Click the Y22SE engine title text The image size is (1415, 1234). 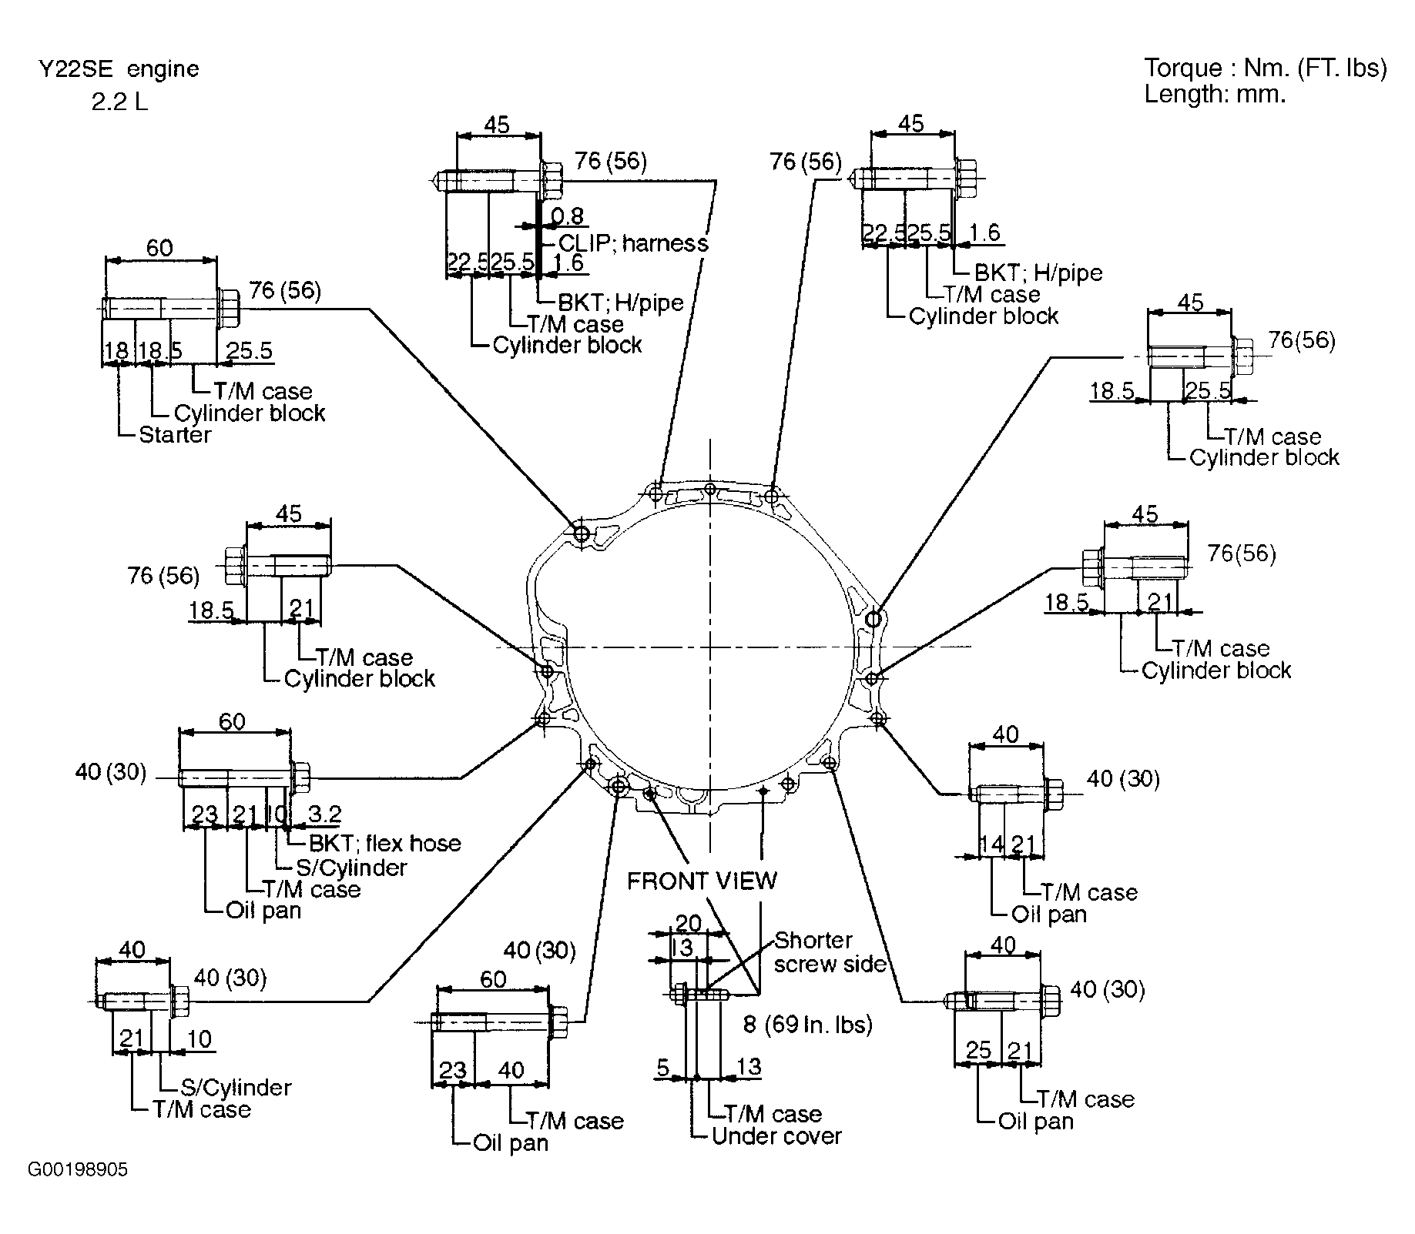tap(119, 69)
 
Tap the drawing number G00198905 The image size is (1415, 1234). tap(78, 1170)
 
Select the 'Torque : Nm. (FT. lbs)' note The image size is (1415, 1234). tap(1265, 69)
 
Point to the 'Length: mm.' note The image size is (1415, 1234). tap(1215, 95)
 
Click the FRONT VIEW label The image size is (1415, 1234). tap(702, 881)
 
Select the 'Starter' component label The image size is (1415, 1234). tap(175, 435)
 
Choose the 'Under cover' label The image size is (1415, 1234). tap(776, 1136)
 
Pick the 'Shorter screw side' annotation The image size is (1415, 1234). tap(830, 952)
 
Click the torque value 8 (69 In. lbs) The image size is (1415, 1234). tap(808, 1025)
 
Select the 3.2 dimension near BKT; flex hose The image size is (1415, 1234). tap(324, 814)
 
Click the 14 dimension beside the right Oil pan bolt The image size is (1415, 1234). tap(991, 844)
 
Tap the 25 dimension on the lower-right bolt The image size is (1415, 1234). tap(978, 1051)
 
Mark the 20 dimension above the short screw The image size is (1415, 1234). tap(688, 923)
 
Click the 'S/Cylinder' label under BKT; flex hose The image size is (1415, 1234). tap(351, 868)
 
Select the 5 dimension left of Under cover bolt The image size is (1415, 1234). tap(662, 1067)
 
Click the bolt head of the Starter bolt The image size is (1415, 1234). tap(228, 307)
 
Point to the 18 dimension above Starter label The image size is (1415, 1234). tap(116, 351)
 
